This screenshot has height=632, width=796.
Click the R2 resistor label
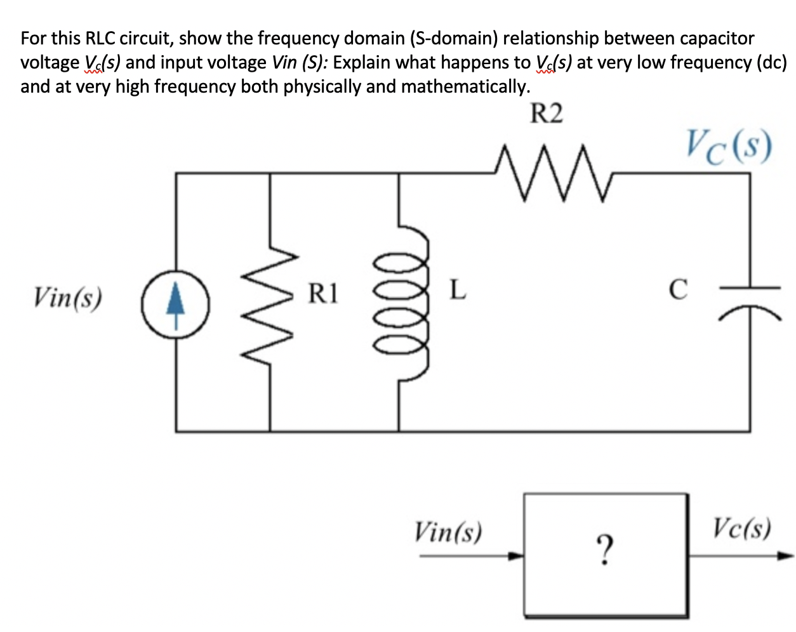click(546, 114)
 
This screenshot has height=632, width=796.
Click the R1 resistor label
click(324, 294)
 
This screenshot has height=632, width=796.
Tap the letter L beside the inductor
click(457, 290)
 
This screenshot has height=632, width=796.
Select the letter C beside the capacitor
click(678, 289)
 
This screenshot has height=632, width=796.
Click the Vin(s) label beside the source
click(68, 297)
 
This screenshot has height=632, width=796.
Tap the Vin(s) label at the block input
click(448, 531)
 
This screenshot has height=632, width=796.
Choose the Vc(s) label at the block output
click(741, 528)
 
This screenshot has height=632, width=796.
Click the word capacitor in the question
click(717, 39)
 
